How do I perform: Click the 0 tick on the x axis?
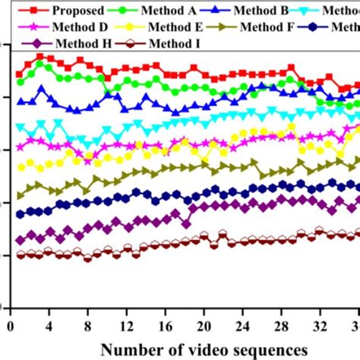coord(10,327)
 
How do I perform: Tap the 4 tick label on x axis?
coord(49,327)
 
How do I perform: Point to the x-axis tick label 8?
coord(88,327)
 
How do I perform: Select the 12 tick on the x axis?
coord(127,327)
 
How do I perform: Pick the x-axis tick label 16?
coord(166,327)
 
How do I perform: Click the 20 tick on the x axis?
coord(205,327)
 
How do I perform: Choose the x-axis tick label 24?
coord(244,327)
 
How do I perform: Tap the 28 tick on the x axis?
coord(283,327)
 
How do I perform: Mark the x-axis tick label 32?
coord(321,327)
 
